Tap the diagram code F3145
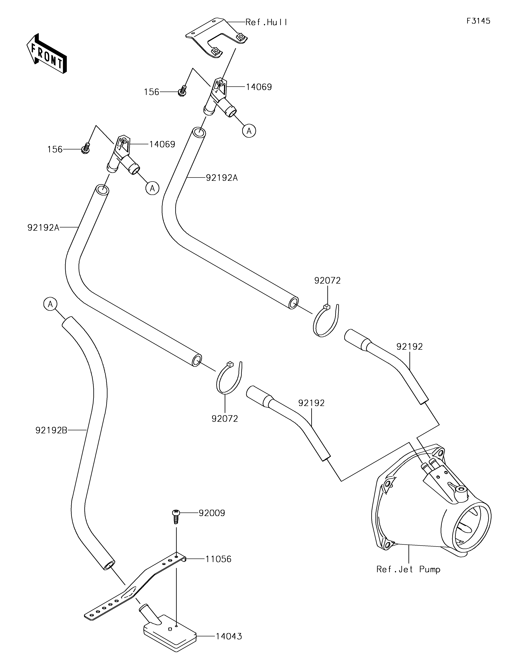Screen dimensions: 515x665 click(x=478, y=21)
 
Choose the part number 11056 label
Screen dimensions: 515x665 click(x=218, y=559)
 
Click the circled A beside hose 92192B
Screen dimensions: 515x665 click(x=51, y=304)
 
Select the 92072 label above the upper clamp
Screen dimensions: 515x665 click(x=327, y=280)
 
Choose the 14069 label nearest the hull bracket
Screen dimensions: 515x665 click(x=259, y=87)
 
